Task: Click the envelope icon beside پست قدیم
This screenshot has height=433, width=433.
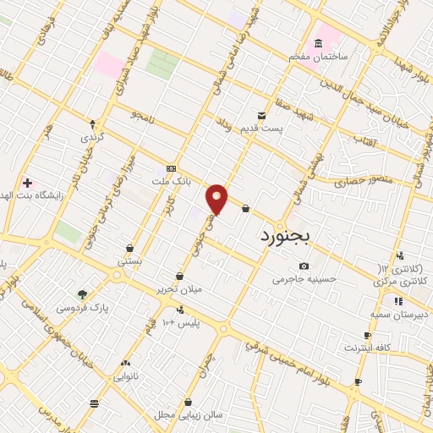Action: click(x=261, y=115)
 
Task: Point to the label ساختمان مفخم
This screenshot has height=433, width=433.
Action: click(x=319, y=57)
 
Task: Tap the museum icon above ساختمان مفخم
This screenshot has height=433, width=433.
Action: click(x=319, y=43)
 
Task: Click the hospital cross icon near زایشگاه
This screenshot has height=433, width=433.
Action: click(x=27, y=183)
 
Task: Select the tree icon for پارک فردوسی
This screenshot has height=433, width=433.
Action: click(x=82, y=294)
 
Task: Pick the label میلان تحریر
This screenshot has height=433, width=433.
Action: click(x=180, y=290)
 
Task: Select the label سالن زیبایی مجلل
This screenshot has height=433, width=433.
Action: click(x=176, y=416)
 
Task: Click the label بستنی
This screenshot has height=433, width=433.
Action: click(x=129, y=261)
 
